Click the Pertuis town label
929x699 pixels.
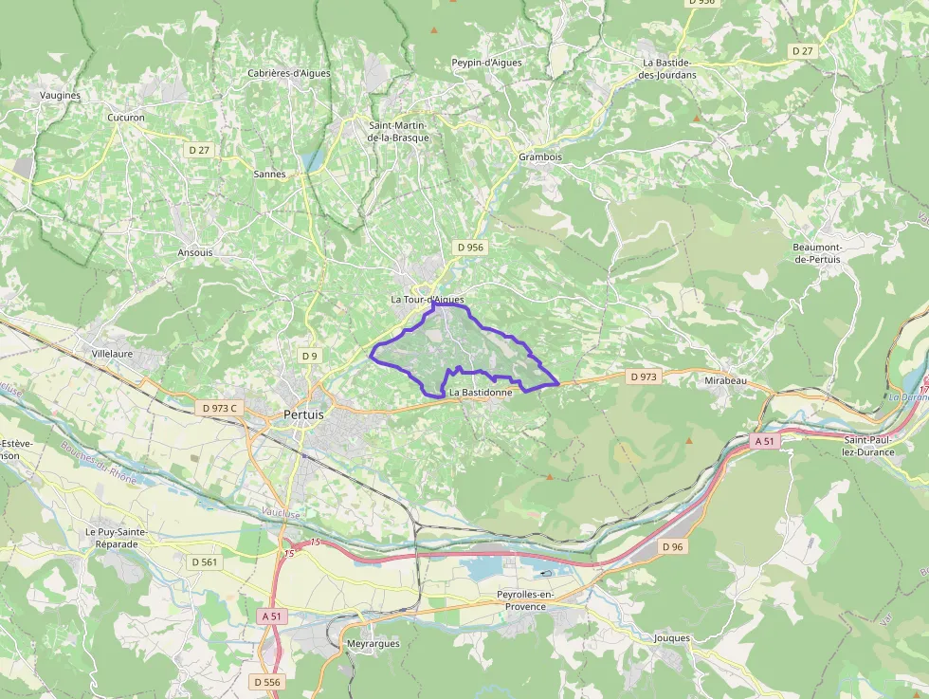[303, 414]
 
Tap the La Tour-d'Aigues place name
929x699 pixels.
[428, 300]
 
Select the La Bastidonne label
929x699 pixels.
[481, 392]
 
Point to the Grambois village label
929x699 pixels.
[540, 157]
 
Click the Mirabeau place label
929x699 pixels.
[726, 380]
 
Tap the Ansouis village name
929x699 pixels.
[195, 253]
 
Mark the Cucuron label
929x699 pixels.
[126, 119]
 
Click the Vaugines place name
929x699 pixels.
[61, 96]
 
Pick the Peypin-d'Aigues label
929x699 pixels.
[486, 63]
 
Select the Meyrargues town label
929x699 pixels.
[373, 643]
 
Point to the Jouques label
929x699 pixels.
[672, 638]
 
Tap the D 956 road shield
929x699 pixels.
[470, 248]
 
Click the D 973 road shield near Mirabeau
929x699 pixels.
[644, 377]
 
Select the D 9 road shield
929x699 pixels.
[309, 356]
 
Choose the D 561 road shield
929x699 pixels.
[204, 561]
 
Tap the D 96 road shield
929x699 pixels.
[672, 546]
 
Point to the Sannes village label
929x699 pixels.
[269, 175]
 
